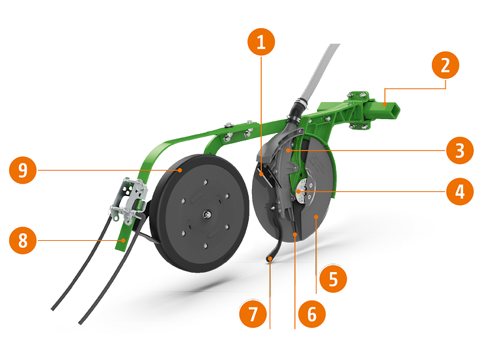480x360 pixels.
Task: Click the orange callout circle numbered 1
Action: pyautogui.click(x=261, y=44)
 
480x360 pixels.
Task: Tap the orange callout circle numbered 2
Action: pyautogui.click(x=445, y=66)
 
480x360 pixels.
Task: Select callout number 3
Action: pyautogui.click(x=460, y=152)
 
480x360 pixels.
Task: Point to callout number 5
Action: pyautogui.click(x=333, y=280)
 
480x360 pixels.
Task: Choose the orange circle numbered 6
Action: pyautogui.click(x=311, y=314)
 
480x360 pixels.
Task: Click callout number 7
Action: pyautogui.click(x=253, y=314)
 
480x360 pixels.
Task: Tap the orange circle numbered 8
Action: pyautogui.click(x=23, y=241)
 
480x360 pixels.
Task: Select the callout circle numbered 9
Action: pyautogui.click(x=23, y=171)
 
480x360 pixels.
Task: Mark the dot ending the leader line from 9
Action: pyautogui.click(x=180, y=171)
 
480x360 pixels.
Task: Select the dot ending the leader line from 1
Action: pyautogui.click(x=261, y=173)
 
